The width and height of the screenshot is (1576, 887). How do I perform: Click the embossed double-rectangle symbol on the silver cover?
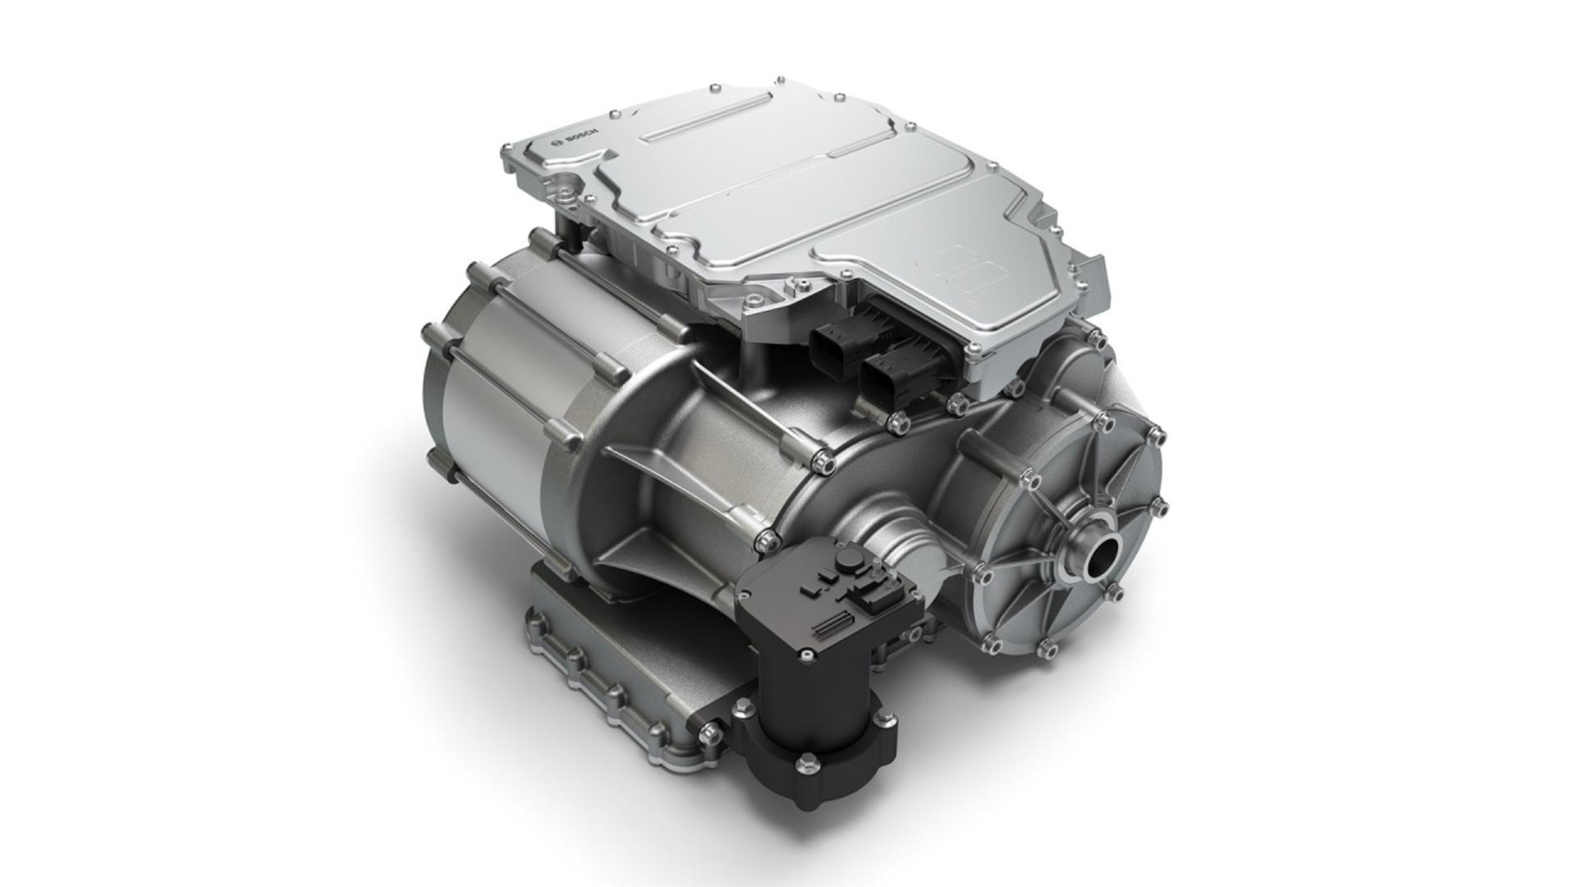click(x=964, y=270)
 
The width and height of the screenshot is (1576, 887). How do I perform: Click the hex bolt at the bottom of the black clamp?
click(x=809, y=763)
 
